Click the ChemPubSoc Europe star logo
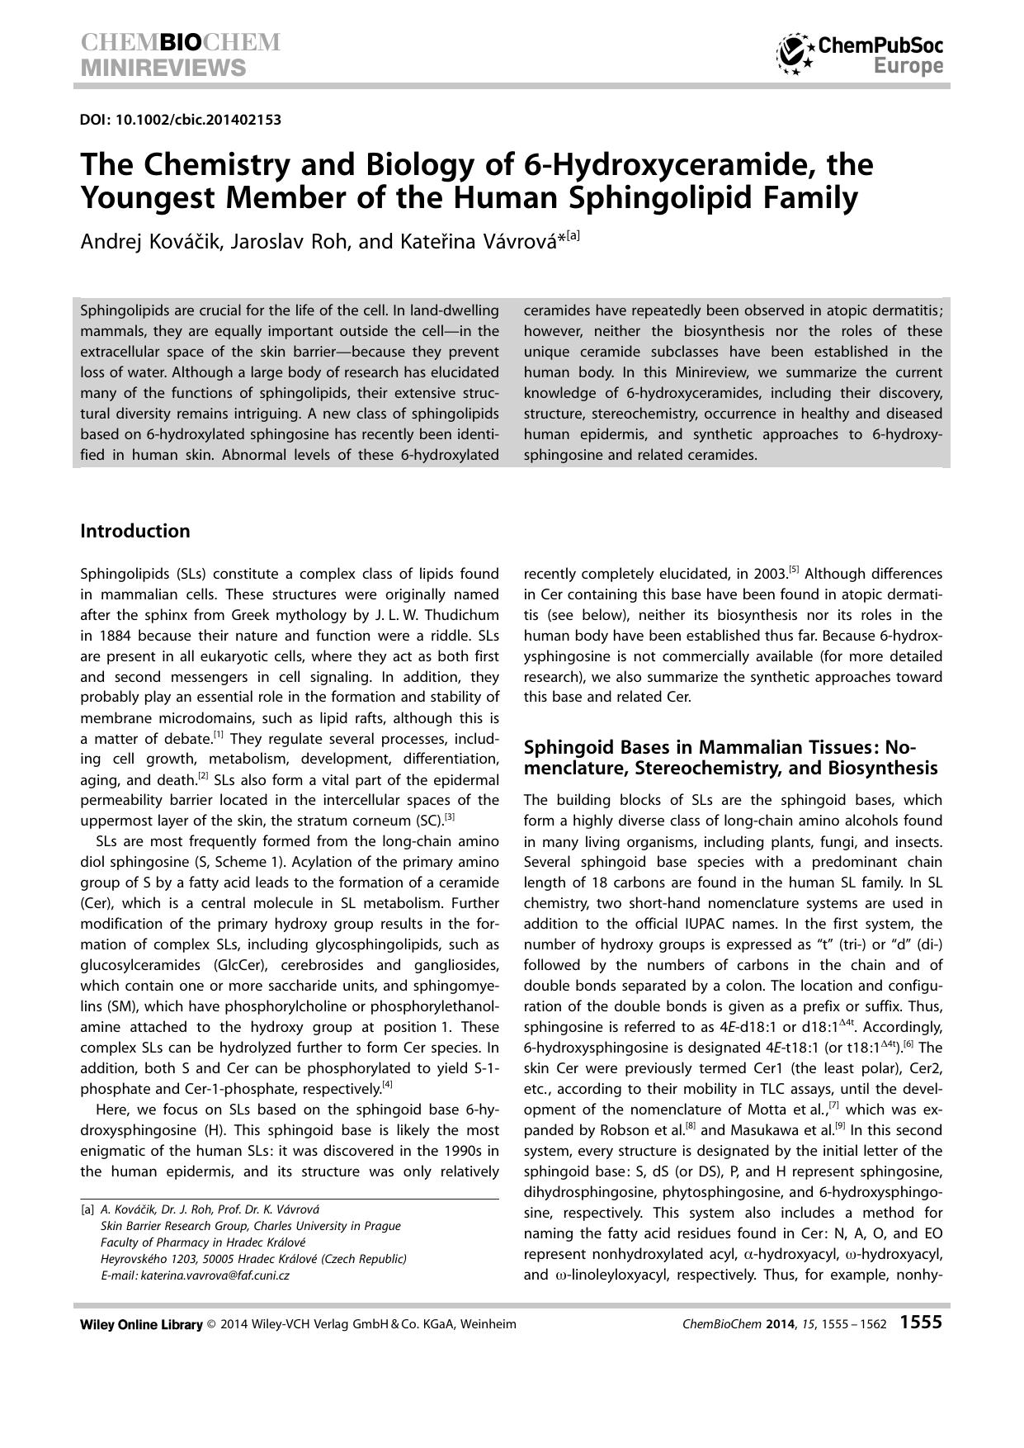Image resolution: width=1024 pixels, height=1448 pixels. [795, 54]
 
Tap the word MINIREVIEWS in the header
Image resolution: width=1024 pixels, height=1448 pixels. [163, 67]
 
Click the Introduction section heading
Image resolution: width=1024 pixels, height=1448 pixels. [134, 531]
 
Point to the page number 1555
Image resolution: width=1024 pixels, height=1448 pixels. [920, 1322]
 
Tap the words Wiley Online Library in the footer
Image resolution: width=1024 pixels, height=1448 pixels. [141, 1324]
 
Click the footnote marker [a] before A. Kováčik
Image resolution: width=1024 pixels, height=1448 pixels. [87, 1209]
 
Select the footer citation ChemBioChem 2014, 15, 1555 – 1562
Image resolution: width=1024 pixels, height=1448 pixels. [785, 1324]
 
